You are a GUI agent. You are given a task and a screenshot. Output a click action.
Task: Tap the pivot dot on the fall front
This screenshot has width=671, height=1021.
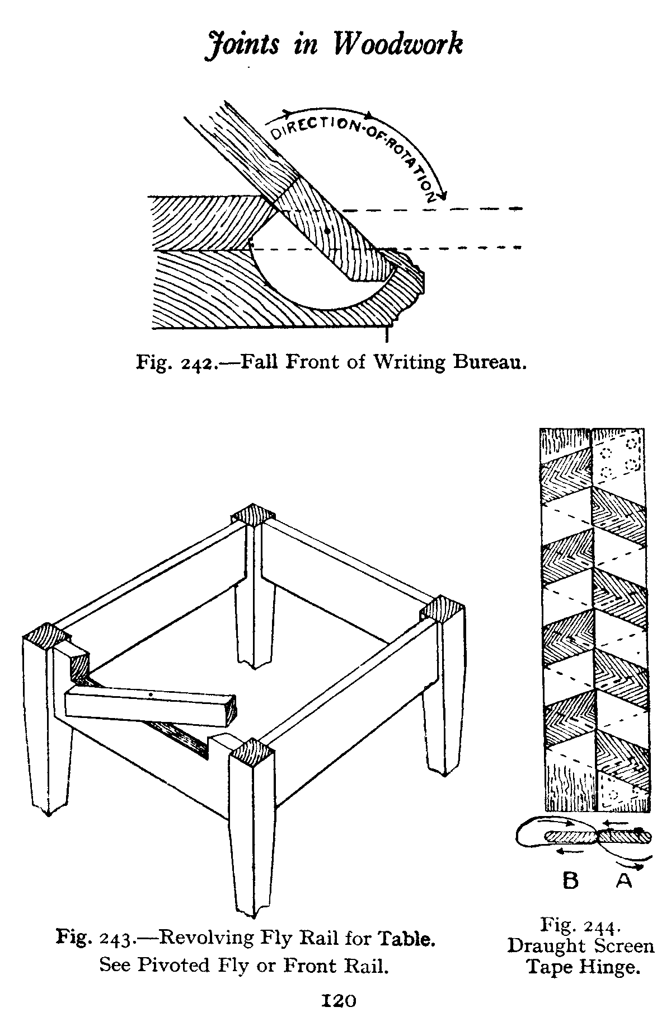point(327,230)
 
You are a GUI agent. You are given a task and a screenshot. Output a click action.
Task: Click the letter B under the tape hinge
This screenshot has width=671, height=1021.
point(570,881)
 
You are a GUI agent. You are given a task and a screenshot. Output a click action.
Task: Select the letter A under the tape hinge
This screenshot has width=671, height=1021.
point(624,881)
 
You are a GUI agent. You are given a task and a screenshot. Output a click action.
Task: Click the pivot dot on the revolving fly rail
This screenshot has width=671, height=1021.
point(152,695)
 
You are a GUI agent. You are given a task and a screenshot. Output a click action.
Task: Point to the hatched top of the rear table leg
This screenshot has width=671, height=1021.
point(252,514)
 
